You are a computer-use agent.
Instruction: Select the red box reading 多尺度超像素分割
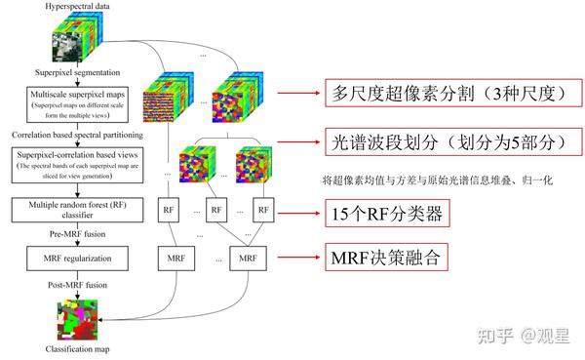coord(445,95)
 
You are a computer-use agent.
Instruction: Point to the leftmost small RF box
coord(168,210)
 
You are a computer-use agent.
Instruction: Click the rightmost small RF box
coord(262,210)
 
